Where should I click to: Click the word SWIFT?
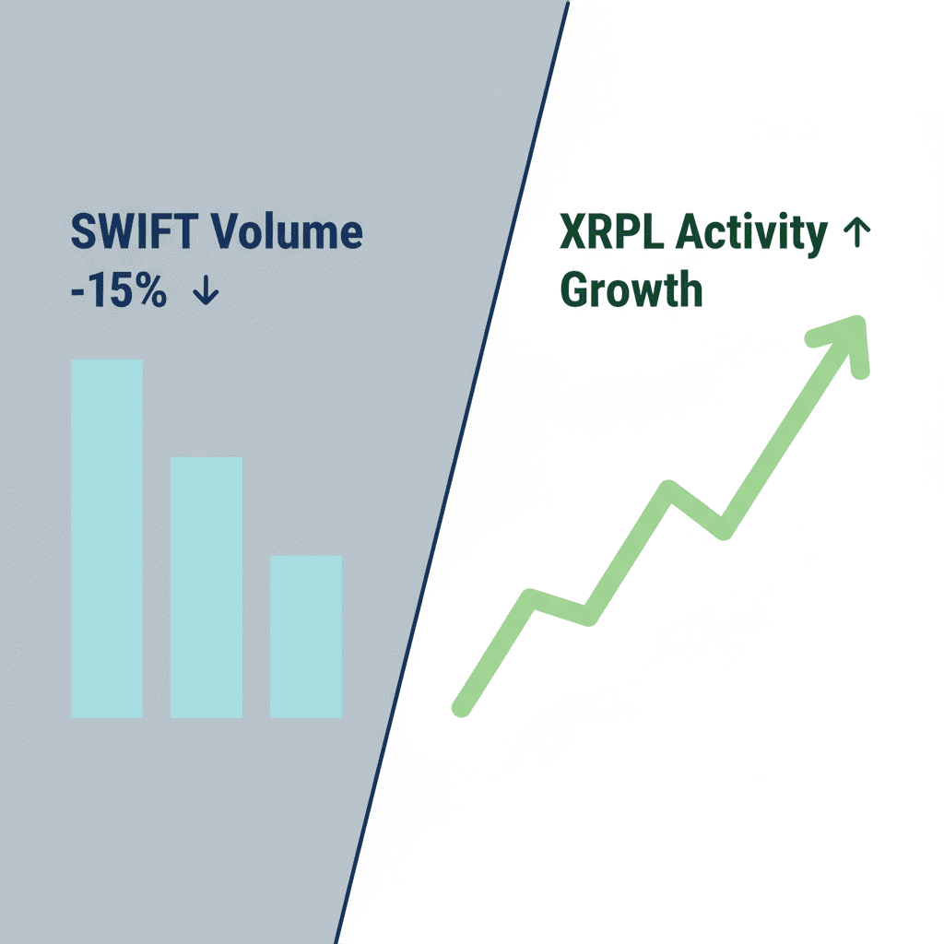tap(135, 231)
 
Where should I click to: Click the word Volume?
tap(287, 231)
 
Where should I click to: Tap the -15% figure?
tap(119, 289)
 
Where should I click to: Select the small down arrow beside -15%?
tap(206, 289)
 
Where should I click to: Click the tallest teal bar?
tap(107, 538)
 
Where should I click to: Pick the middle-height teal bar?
tap(206, 587)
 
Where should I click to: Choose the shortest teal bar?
tap(306, 636)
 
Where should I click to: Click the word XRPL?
tap(612, 231)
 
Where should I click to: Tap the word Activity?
tap(751, 235)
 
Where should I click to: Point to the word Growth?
tap(631, 289)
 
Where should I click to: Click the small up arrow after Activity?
tap(856, 232)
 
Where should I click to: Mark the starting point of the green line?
tap(461, 709)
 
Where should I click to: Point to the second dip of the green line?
tap(724, 530)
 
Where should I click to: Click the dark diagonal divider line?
tap(452, 472)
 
